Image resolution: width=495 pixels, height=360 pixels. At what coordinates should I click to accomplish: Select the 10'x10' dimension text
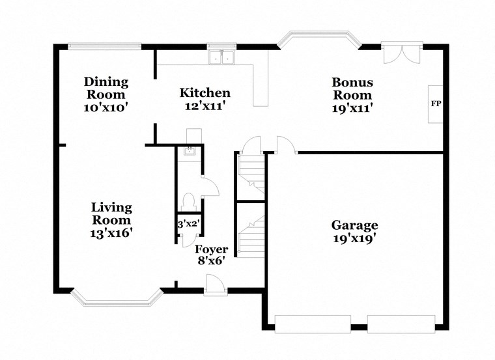point(106,107)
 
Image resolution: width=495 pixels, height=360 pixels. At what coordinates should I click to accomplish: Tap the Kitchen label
point(205,93)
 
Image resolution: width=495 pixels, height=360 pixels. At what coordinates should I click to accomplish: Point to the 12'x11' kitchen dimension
point(205,107)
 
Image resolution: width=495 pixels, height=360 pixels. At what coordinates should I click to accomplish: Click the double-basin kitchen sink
point(221,58)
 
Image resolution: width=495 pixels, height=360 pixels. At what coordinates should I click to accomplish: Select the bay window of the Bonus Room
point(319,39)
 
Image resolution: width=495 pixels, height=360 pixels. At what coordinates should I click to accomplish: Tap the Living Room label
point(111,214)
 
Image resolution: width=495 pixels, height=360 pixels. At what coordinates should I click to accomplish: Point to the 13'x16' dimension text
point(111,232)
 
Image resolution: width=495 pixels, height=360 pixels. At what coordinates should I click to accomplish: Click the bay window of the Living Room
point(117,297)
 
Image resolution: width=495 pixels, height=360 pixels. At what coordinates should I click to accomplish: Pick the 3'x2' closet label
point(188,225)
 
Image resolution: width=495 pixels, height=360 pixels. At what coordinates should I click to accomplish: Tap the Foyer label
point(212,249)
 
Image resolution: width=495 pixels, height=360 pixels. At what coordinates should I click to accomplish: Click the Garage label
point(354,225)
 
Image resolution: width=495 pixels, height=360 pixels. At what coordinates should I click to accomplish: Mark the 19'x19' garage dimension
point(354,239)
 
